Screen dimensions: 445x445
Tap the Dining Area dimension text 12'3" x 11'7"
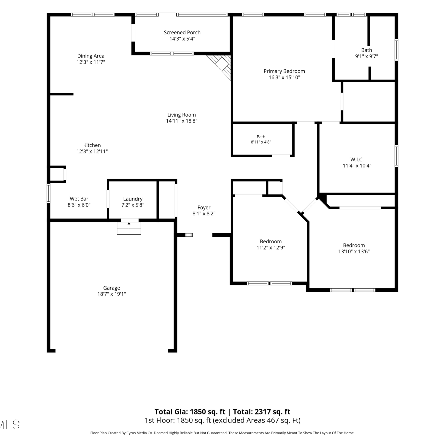click(x=91, y=62)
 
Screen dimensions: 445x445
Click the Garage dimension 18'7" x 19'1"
click(x=112, y=294)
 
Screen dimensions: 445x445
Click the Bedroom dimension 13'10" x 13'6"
click(x=354, y=252)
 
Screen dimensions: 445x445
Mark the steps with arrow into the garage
click(x=129, y=228)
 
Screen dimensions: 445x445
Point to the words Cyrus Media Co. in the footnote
click(x=139, y=433)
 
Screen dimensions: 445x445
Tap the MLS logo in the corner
click(x=9, y=425)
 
